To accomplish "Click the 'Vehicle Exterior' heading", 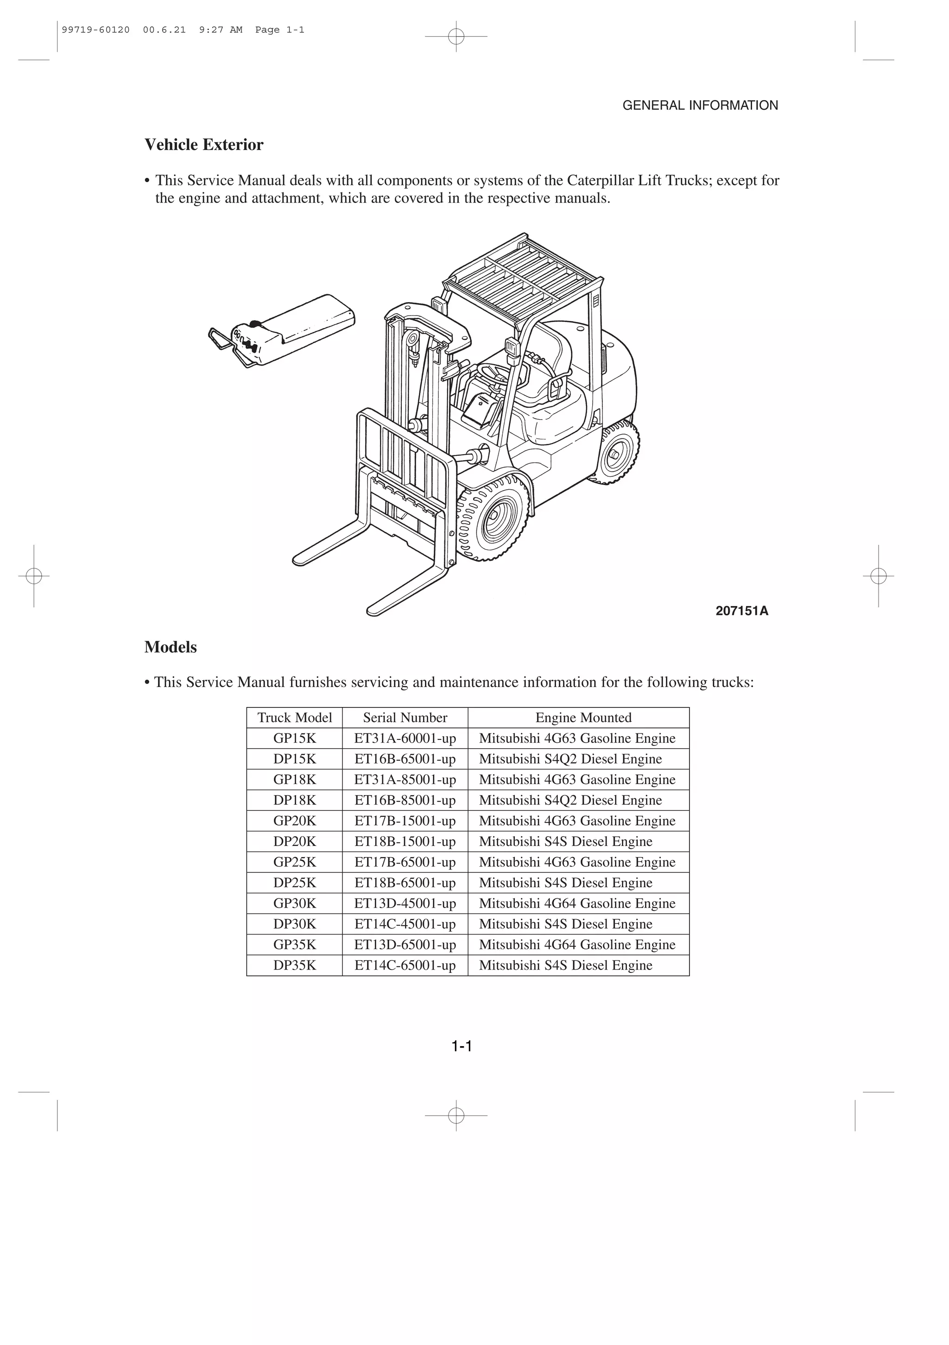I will (x=204, y=145).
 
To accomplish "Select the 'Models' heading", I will (x=171, y=647).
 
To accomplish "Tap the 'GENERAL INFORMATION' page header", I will (x=700, y=106).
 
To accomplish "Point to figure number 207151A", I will (x=741, y=611).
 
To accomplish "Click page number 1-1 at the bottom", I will (x=462, y=1046).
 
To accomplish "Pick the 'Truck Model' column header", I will (x=295, y=718).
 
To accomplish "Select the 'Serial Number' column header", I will (x=405, y=718).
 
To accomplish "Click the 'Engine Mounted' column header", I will (x=583, y=718).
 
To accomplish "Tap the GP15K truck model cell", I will (x=295, y=738).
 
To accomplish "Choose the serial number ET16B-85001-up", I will (x=405, y=800).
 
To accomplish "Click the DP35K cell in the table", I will (x=295, y=966).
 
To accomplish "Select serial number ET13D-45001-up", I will (x=405, y=903).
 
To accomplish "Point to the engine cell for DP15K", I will (x=570, y=759).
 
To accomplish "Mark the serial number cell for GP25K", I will (x=405, y=862).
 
